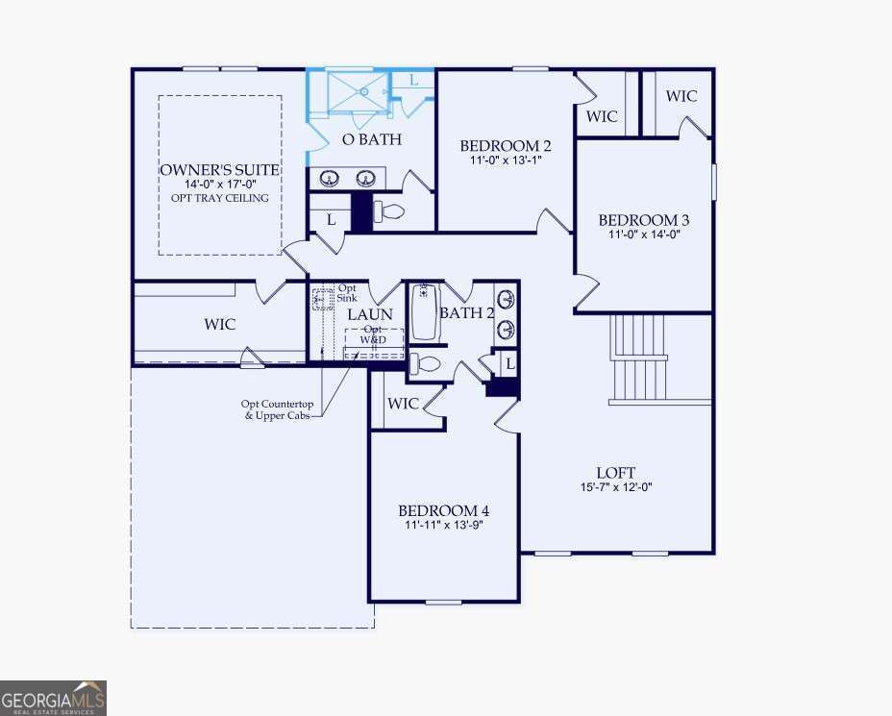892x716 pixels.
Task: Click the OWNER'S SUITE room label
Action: point(219,170)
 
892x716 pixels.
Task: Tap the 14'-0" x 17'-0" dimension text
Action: point(219,185)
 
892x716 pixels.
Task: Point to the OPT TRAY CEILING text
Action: point(219,198)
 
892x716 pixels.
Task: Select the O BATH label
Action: point(372,139)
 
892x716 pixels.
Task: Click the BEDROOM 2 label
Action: point(506,146)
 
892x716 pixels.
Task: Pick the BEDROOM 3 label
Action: point(643,220)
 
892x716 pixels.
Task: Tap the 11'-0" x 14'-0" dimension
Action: point(643,234)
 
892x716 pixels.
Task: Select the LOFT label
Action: point(616,473)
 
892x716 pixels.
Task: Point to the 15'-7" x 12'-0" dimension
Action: point(616,486)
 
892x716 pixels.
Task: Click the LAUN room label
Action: point(370,314)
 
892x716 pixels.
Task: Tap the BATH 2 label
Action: point(466,312)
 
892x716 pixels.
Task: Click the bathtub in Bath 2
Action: point(424,312)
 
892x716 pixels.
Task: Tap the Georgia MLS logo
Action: point(53,698)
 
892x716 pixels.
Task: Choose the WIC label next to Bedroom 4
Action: point(403,404)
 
